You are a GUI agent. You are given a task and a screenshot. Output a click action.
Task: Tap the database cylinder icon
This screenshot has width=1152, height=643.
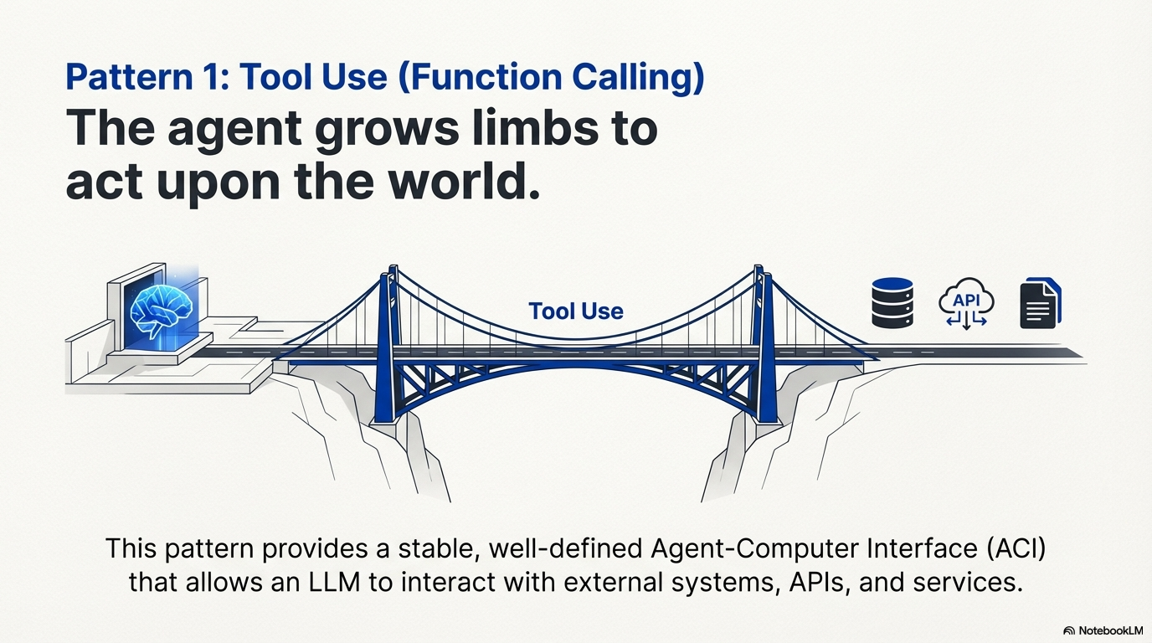pyautogui.click(x=892, y=302)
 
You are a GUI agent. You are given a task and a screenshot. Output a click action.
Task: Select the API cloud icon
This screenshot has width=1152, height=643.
pyautogui.click(x=966, y=304)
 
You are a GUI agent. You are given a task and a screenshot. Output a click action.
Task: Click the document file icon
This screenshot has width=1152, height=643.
pyautogui.click(x=1039, y=304)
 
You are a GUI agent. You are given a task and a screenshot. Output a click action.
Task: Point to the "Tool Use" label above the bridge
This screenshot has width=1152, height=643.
pyautogui.click(x=576, y=311)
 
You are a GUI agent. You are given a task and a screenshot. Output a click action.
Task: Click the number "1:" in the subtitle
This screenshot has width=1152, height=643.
pyautogui.click(x=214, y=78)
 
